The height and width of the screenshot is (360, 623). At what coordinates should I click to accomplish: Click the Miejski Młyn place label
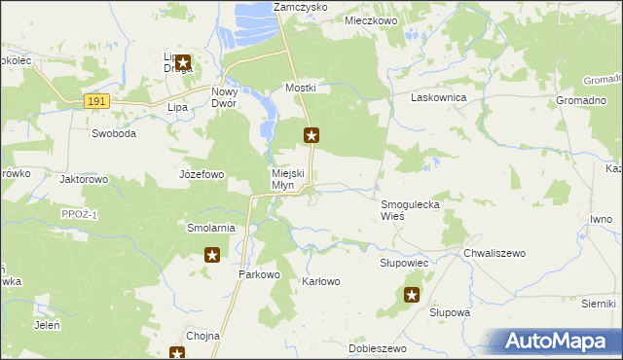tap(289, 180)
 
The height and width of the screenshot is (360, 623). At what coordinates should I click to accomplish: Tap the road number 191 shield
tap(94, 100)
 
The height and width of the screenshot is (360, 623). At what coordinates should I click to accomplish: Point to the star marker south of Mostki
tap(311, 136)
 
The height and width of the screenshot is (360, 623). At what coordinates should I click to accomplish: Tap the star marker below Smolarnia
tap(212, 256)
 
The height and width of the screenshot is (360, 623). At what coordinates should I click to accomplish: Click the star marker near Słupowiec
tap(412, 295)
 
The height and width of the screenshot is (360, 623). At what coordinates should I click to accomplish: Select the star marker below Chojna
tap(177, 353)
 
